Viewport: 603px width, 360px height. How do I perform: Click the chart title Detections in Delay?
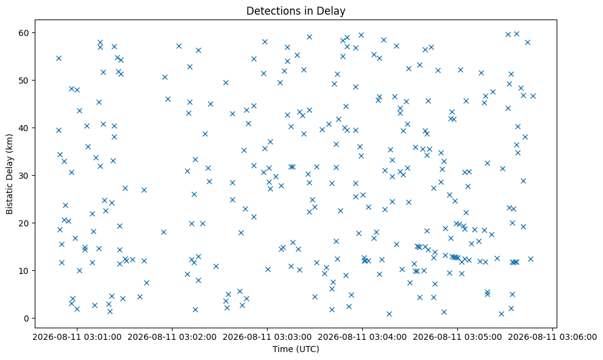(x=296, y=11)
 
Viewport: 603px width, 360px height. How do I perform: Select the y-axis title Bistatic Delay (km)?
(x=9, y=174)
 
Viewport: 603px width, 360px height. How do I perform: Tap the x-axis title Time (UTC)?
(x=296, y=349)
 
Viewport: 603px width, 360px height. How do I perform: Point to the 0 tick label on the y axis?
(x=27, y=319)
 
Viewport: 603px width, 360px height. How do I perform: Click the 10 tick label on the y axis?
(x=24, y=271)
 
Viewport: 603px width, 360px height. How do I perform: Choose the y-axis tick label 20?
(x=24, y=223)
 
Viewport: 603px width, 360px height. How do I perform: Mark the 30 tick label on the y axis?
(x=24, y=176)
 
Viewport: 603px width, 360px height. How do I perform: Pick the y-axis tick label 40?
(x=24, y=128)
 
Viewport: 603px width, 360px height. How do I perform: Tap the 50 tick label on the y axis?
(x=24, y=81)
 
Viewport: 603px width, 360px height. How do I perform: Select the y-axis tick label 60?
(x=24, y=33)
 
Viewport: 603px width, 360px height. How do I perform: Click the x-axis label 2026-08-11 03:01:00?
(x=77, y=337)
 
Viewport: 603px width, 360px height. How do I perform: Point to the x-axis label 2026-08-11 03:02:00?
(x=172, y=337)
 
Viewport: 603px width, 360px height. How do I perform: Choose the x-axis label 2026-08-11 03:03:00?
(x=267, y=337)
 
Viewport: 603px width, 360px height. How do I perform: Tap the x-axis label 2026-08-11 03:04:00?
(x=362, y=337)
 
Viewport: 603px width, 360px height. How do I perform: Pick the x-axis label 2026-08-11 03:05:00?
(x=457, y=337)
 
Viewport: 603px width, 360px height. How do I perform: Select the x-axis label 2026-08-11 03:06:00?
(x=552, y=337)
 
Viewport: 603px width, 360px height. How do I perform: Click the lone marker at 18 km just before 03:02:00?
(x=163, y=232)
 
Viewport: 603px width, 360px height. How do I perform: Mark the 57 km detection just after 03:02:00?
(x=179, y=46)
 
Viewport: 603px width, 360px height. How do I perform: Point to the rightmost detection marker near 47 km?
(x=533, y=96)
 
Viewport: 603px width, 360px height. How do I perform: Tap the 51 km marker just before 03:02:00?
(x=165, y=77)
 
